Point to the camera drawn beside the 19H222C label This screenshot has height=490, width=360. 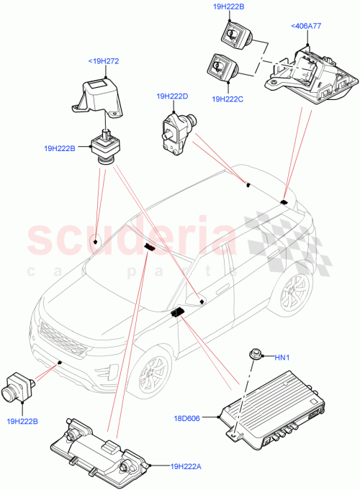click(x=220, y=70)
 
